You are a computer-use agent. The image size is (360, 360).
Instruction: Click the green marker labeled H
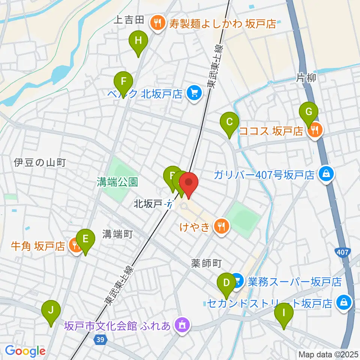(x=138, y=40)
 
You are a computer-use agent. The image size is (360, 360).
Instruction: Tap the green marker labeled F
(x=123, y=81)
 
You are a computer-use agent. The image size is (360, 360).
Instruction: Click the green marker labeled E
(x=85, y=239)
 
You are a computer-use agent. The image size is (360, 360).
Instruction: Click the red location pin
(x=189, y=183)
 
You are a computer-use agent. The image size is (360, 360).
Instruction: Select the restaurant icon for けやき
(x=222, y=226)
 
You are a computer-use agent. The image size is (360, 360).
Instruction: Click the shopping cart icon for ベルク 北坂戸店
(x=193, y=93)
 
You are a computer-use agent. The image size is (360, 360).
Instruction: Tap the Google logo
(x=25, y=351)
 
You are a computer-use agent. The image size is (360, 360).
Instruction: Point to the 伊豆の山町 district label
(x=40, y=163)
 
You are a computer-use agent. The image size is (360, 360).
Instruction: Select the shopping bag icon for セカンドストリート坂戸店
(x=343, y=302)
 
